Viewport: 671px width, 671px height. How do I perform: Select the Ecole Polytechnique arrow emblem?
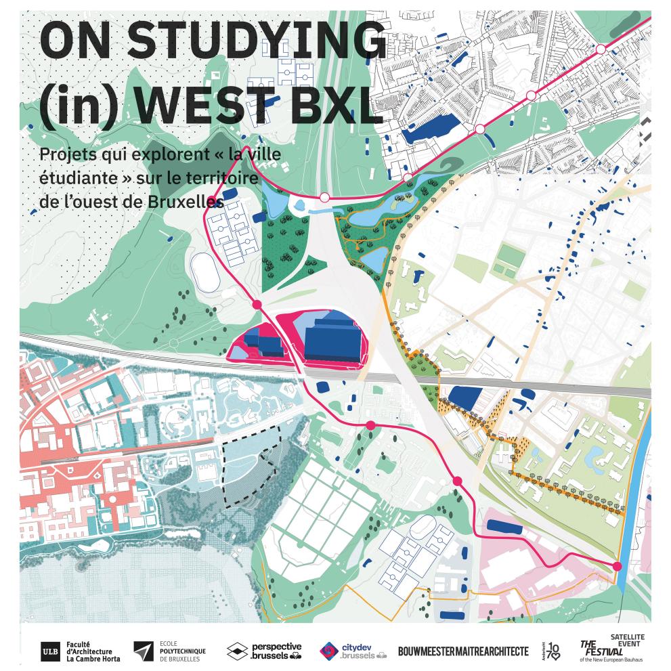tap(143, 651)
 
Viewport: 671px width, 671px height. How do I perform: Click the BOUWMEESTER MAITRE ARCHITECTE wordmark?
tap(463, 651)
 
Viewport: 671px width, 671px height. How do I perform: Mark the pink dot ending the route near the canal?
tap(617, 566)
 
